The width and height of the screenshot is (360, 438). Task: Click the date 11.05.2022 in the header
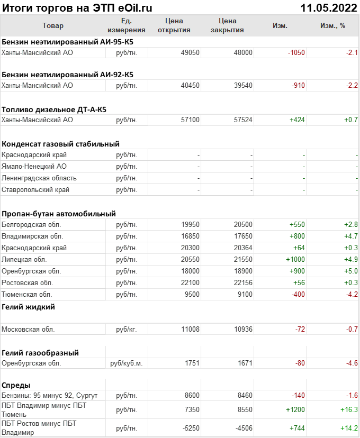328,8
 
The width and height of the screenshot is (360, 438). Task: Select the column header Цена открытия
174,25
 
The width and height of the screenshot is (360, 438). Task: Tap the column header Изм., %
332,25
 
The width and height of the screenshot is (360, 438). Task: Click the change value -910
296,85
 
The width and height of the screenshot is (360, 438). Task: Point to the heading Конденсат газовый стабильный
60,143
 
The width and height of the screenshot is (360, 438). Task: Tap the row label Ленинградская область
39,178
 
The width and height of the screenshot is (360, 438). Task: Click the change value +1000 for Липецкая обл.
295,260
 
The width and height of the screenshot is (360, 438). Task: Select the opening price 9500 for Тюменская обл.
192,295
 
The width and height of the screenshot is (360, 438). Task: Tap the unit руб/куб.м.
126,363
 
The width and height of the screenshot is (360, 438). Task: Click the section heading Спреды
16,385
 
